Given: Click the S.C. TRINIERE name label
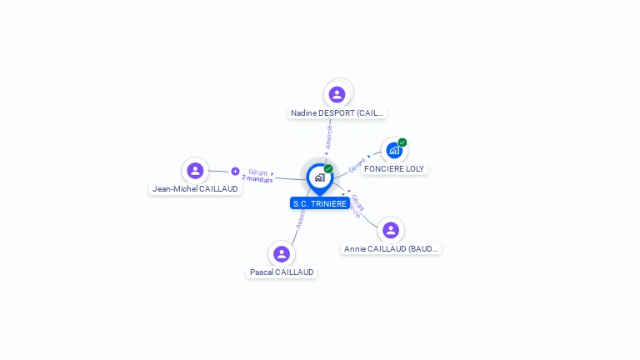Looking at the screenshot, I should pyautogui.click(x=320, y=203).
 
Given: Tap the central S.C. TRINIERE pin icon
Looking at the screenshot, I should pyautogui.click(x=320, y=177).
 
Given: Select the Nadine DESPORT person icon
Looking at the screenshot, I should pyautogui.click(x=337, y=94).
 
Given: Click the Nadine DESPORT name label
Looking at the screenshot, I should pyautogui.click(x=337, y=112).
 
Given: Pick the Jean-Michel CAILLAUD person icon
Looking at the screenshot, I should pyautogui.click(x=195, y=171).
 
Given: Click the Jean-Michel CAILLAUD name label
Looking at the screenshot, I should pyautogui.click(x=196, y=189).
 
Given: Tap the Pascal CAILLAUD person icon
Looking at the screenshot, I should pyautogui.click(x=282, y=254).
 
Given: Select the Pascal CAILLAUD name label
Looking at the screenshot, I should pyautogui.click(x=282, y=272).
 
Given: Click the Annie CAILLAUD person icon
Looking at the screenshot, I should pyautogui.click(x=390, y=230).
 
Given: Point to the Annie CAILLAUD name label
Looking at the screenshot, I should pyautogui.click(x=391, y=248).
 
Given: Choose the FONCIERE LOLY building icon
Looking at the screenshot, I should pyautogui.click(x=394, y=151).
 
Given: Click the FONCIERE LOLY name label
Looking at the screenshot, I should pyautogui.click(x=394, y=168).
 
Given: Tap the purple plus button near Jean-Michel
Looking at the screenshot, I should pyautogui.click(x=235, y=171).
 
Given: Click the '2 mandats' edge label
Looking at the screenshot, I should pyautogui.click(x=257, y=179).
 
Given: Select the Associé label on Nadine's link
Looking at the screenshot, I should pyautogui.click(x=329, y=137).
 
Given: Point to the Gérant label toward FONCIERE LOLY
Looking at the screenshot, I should pyautogui.click(x=357, y=165).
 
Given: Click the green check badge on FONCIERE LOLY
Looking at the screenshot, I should pyautogui.click(x=402, y=142).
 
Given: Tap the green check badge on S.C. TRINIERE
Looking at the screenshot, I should pyautogui.click(x=328, y=168).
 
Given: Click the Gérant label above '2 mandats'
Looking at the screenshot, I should pyautogui.click(x=257, y=172).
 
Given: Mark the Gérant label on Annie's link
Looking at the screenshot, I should pyautogui.click(x=357, y=201).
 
